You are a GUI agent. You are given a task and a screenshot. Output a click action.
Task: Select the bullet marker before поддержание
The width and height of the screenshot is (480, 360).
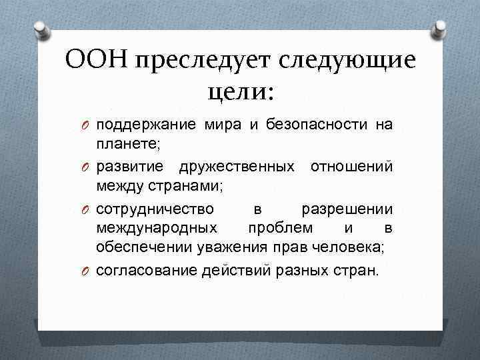(x=85, y=125)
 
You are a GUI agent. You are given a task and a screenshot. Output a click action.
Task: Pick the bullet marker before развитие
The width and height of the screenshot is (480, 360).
(x=85, y=166)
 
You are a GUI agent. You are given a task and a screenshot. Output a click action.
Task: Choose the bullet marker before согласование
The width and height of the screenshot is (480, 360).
(x=85, y=271)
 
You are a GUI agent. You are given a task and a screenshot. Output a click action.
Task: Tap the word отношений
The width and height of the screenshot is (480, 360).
(x=351, y=166)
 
